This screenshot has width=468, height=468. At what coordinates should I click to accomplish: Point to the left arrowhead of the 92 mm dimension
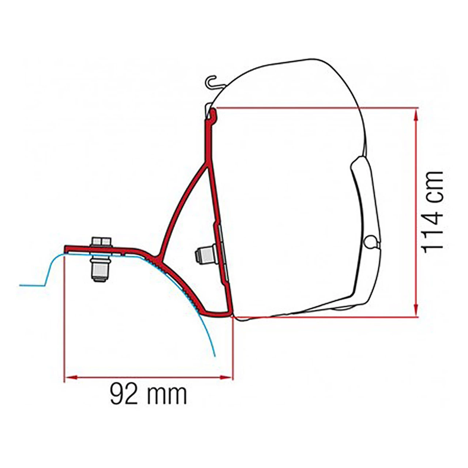69,377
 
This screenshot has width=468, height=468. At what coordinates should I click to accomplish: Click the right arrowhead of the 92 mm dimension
228,377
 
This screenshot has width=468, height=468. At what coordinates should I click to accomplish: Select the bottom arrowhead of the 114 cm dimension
416,312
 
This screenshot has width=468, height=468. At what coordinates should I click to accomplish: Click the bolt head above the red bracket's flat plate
101,241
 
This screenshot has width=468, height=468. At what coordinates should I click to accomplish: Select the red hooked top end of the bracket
213,114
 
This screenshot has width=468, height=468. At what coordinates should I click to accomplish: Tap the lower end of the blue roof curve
214,355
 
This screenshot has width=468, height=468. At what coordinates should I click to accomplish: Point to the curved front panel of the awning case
364,205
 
